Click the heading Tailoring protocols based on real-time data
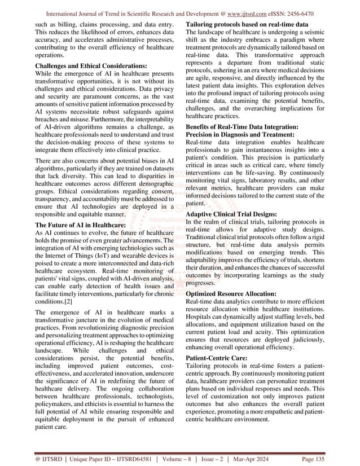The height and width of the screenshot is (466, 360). tap(247, 25)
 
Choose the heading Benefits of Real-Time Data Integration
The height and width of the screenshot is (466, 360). tap(243, 127)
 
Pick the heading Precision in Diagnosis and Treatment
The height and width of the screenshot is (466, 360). tap(240, 135)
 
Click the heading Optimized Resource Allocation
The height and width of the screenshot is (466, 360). tap(231, 294)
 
